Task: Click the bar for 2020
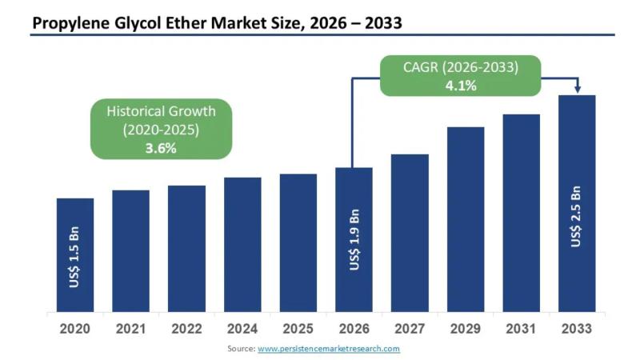pos(74,254)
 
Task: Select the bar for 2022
pos(186,248)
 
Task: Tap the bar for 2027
pos(410,232)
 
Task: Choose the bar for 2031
pos(521,212)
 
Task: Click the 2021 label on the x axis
pos(130,329)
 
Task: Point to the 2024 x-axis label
pos(242,329)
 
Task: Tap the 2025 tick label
pos(298,329)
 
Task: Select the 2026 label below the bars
pos(354,329)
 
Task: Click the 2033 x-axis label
pos(577,329)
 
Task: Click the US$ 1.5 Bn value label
pos(74,260)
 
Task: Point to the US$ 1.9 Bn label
pos(354,239)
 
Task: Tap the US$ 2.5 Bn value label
pos(576,216)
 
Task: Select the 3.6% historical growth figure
pos(161,147)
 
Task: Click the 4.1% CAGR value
pos(461,85)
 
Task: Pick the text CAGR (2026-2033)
pos(461,68)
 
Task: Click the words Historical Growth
pos(161,111)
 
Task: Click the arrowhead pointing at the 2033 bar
pos(578,90)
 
